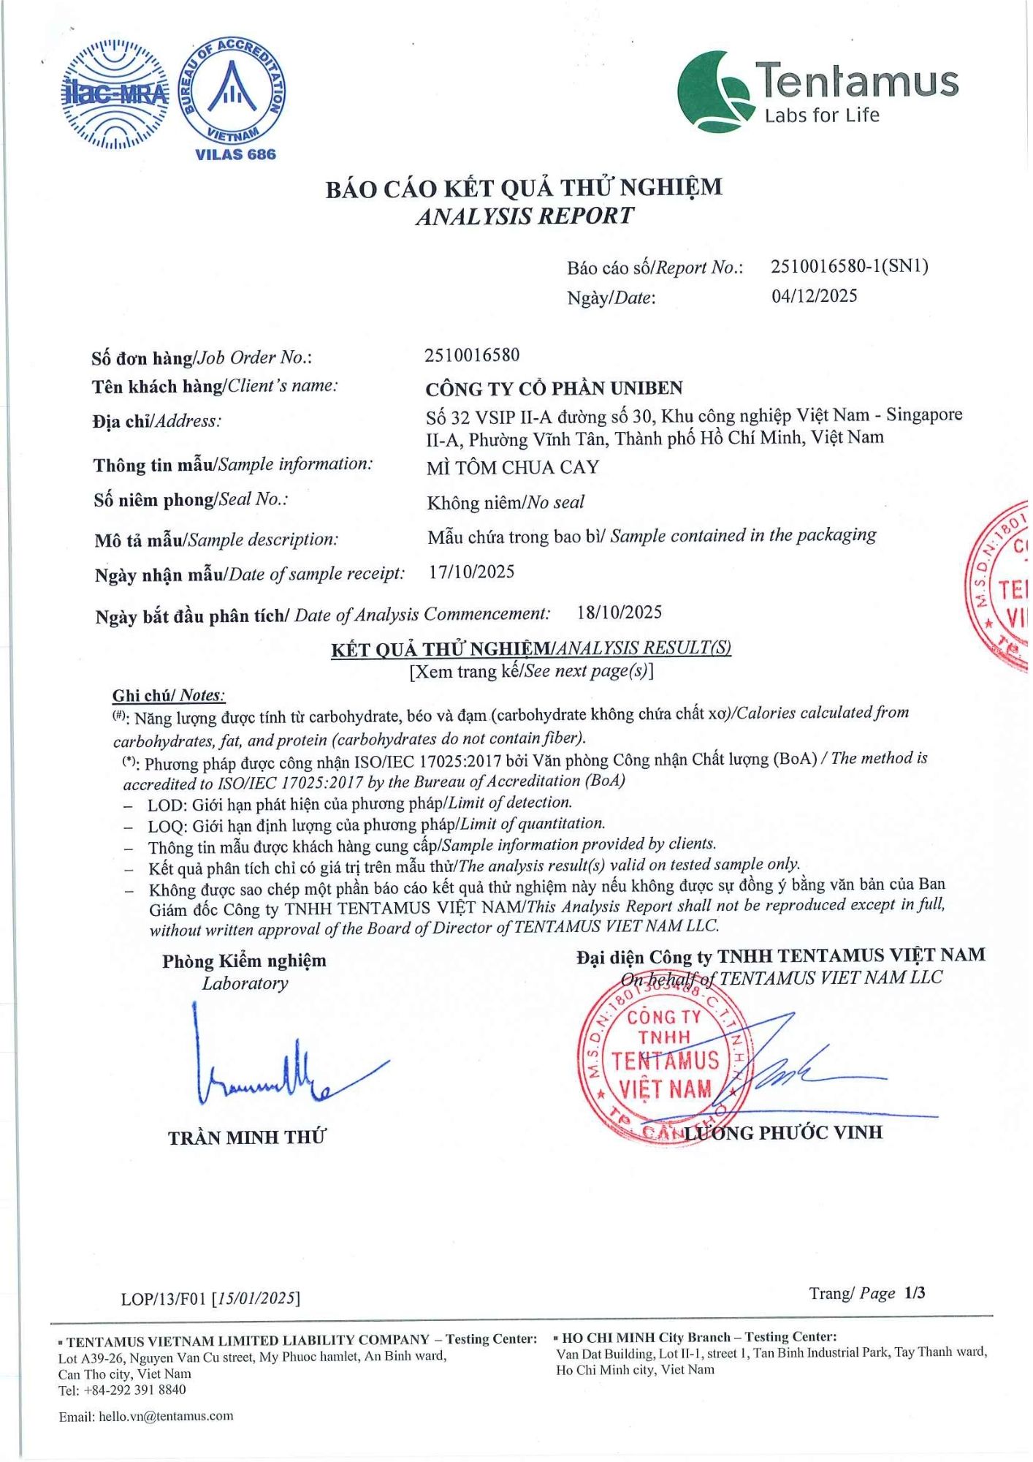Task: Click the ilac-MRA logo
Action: point(115,94)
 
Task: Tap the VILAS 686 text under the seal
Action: point(235,155)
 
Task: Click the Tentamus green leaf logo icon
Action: point(714,92)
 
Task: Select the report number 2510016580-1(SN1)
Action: point(849,266)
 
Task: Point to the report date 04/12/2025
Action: point(814,296)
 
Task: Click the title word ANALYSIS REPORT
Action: point(525,216)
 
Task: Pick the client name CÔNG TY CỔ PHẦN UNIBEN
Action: point(554,388)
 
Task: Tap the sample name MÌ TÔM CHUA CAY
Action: point(512,468)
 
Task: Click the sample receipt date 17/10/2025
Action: point(471,572)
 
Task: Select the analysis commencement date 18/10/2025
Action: point(619,613)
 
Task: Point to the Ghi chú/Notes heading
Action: point(169,695)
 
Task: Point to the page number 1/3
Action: point(914,1293)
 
